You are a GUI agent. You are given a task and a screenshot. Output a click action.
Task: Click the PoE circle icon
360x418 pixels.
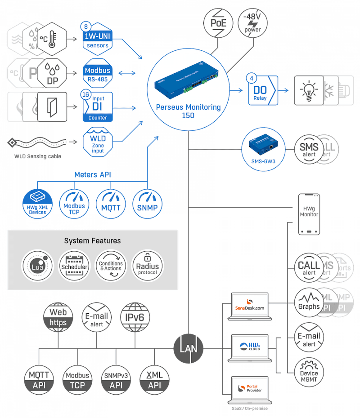218,21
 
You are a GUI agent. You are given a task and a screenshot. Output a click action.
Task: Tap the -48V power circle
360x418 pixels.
252,21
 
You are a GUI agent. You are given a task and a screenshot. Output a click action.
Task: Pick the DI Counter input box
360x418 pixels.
97,107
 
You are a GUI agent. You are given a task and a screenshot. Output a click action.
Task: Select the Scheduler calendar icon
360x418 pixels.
74,266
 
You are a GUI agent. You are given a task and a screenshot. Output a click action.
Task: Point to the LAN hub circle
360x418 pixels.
189,348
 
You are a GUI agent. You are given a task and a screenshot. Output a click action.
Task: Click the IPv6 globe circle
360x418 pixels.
135,317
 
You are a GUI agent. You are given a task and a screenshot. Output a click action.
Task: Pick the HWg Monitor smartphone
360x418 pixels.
309,213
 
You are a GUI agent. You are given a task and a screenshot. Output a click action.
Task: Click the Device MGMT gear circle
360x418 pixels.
309,373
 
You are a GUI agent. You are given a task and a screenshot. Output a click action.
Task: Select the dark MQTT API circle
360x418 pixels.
39,380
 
